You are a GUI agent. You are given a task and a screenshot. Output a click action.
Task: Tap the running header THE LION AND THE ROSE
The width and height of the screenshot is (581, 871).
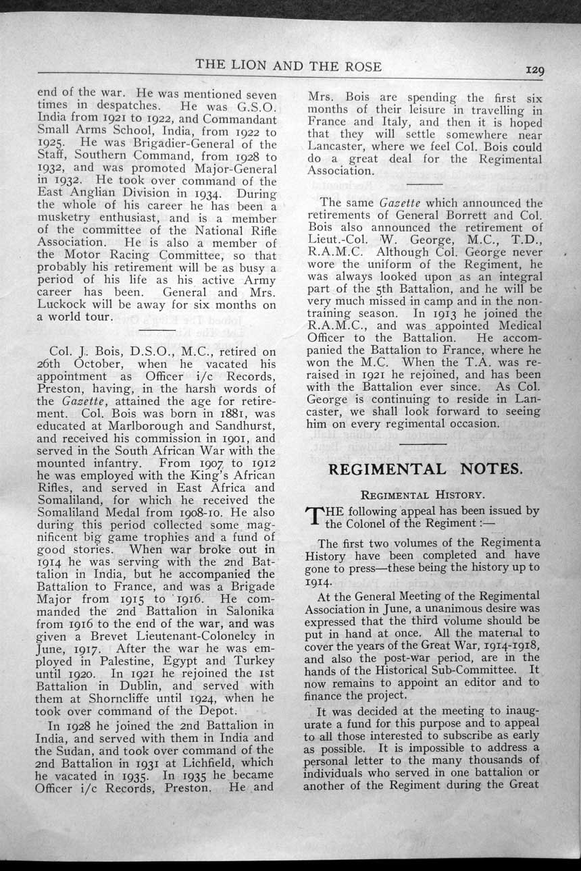pos(288,66)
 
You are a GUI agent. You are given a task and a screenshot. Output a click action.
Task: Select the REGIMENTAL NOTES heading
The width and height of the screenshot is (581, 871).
pos(424,469)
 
